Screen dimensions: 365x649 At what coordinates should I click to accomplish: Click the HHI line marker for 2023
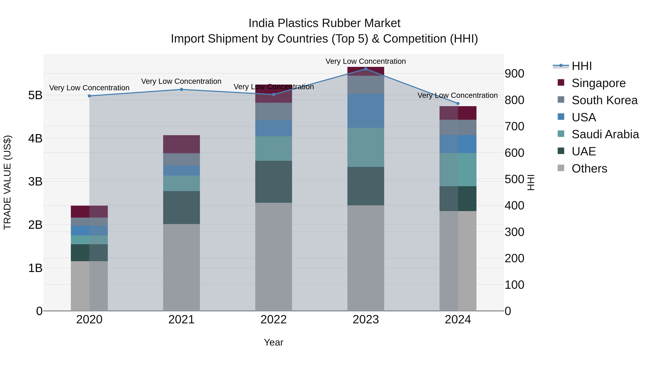point(366,69)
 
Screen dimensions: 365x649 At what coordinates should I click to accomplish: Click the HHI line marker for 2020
point(89,96)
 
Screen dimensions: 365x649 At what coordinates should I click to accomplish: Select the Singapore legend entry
point(598,83)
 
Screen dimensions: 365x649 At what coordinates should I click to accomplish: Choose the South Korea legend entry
point(604,100)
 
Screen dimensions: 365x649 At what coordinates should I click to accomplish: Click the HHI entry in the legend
point(581,66)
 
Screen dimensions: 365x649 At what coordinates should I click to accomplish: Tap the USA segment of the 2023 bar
point(366,111)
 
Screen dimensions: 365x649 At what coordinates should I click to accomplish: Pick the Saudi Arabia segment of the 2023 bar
point(366,147)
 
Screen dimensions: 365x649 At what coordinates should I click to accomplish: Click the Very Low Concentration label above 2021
point(181,81)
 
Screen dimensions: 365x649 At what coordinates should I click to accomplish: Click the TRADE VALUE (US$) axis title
point(7,182)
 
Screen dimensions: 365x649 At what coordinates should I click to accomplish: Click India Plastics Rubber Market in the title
point(324,23)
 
